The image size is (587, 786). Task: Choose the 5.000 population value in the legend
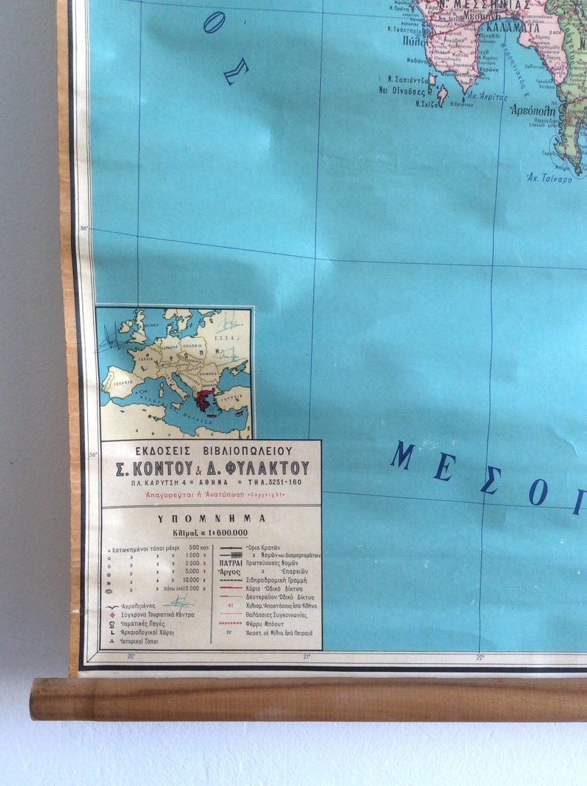(x=193, y=571)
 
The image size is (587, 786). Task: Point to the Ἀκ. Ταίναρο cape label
(x=549, y=178)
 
